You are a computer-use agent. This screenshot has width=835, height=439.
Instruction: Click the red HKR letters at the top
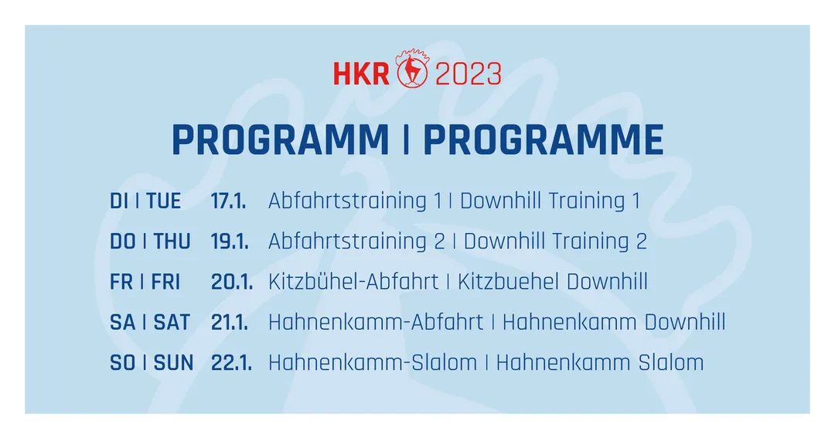click(361, 74)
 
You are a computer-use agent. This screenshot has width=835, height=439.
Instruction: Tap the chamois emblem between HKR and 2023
click(412, 68)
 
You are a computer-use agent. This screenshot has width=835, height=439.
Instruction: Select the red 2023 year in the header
click(469, 74)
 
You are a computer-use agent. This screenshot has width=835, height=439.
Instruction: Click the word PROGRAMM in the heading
click(281, 140)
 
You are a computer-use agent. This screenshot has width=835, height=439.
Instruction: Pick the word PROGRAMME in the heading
click(544, 140)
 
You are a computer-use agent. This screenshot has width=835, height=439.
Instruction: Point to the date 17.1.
click(228, 201)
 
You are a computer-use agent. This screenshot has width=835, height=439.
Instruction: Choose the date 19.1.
click(230, 242)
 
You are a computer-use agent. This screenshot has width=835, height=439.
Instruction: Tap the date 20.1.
click(232, 282)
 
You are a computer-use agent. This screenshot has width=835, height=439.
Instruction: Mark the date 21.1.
click(230, 323)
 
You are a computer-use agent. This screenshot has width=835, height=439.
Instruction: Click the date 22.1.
click(231, 363)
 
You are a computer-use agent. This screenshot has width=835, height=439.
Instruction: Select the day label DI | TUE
click(145, 201)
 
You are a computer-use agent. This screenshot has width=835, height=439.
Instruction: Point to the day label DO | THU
click(150, 242)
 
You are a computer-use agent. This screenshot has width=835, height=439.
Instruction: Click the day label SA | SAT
click(150, 323)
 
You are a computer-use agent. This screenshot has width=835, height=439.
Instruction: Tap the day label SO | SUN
click(152, 363)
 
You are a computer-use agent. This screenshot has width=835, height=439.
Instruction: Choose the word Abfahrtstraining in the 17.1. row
click(348, 201)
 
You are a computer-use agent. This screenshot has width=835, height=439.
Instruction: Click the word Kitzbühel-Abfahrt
click(353, 282)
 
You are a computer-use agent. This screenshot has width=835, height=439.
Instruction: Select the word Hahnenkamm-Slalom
click(373, 363)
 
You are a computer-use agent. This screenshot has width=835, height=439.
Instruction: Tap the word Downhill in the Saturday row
click(685, 323)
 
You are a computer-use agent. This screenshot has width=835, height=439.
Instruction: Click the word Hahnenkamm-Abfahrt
click(376, 323)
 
